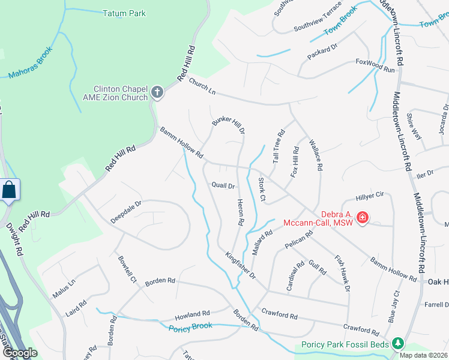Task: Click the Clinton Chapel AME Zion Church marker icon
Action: point(157,92)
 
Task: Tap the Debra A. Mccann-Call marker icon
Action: point(362,217)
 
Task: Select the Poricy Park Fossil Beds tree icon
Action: point(397,344)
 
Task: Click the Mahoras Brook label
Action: point(31,62)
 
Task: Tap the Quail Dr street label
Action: point(223,185)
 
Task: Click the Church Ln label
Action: point(202,88)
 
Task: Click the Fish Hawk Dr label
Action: point(342,274)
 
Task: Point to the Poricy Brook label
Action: point(191,328)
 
